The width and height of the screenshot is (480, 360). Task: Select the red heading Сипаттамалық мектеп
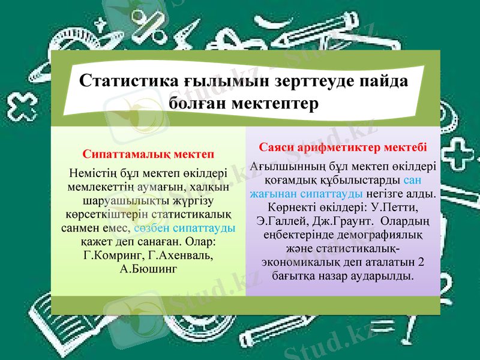(149, 155)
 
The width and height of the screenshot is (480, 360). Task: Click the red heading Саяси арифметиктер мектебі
(343, 148)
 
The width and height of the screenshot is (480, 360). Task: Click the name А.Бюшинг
(149, 268)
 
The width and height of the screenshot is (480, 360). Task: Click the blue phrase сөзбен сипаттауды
(185, 229)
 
